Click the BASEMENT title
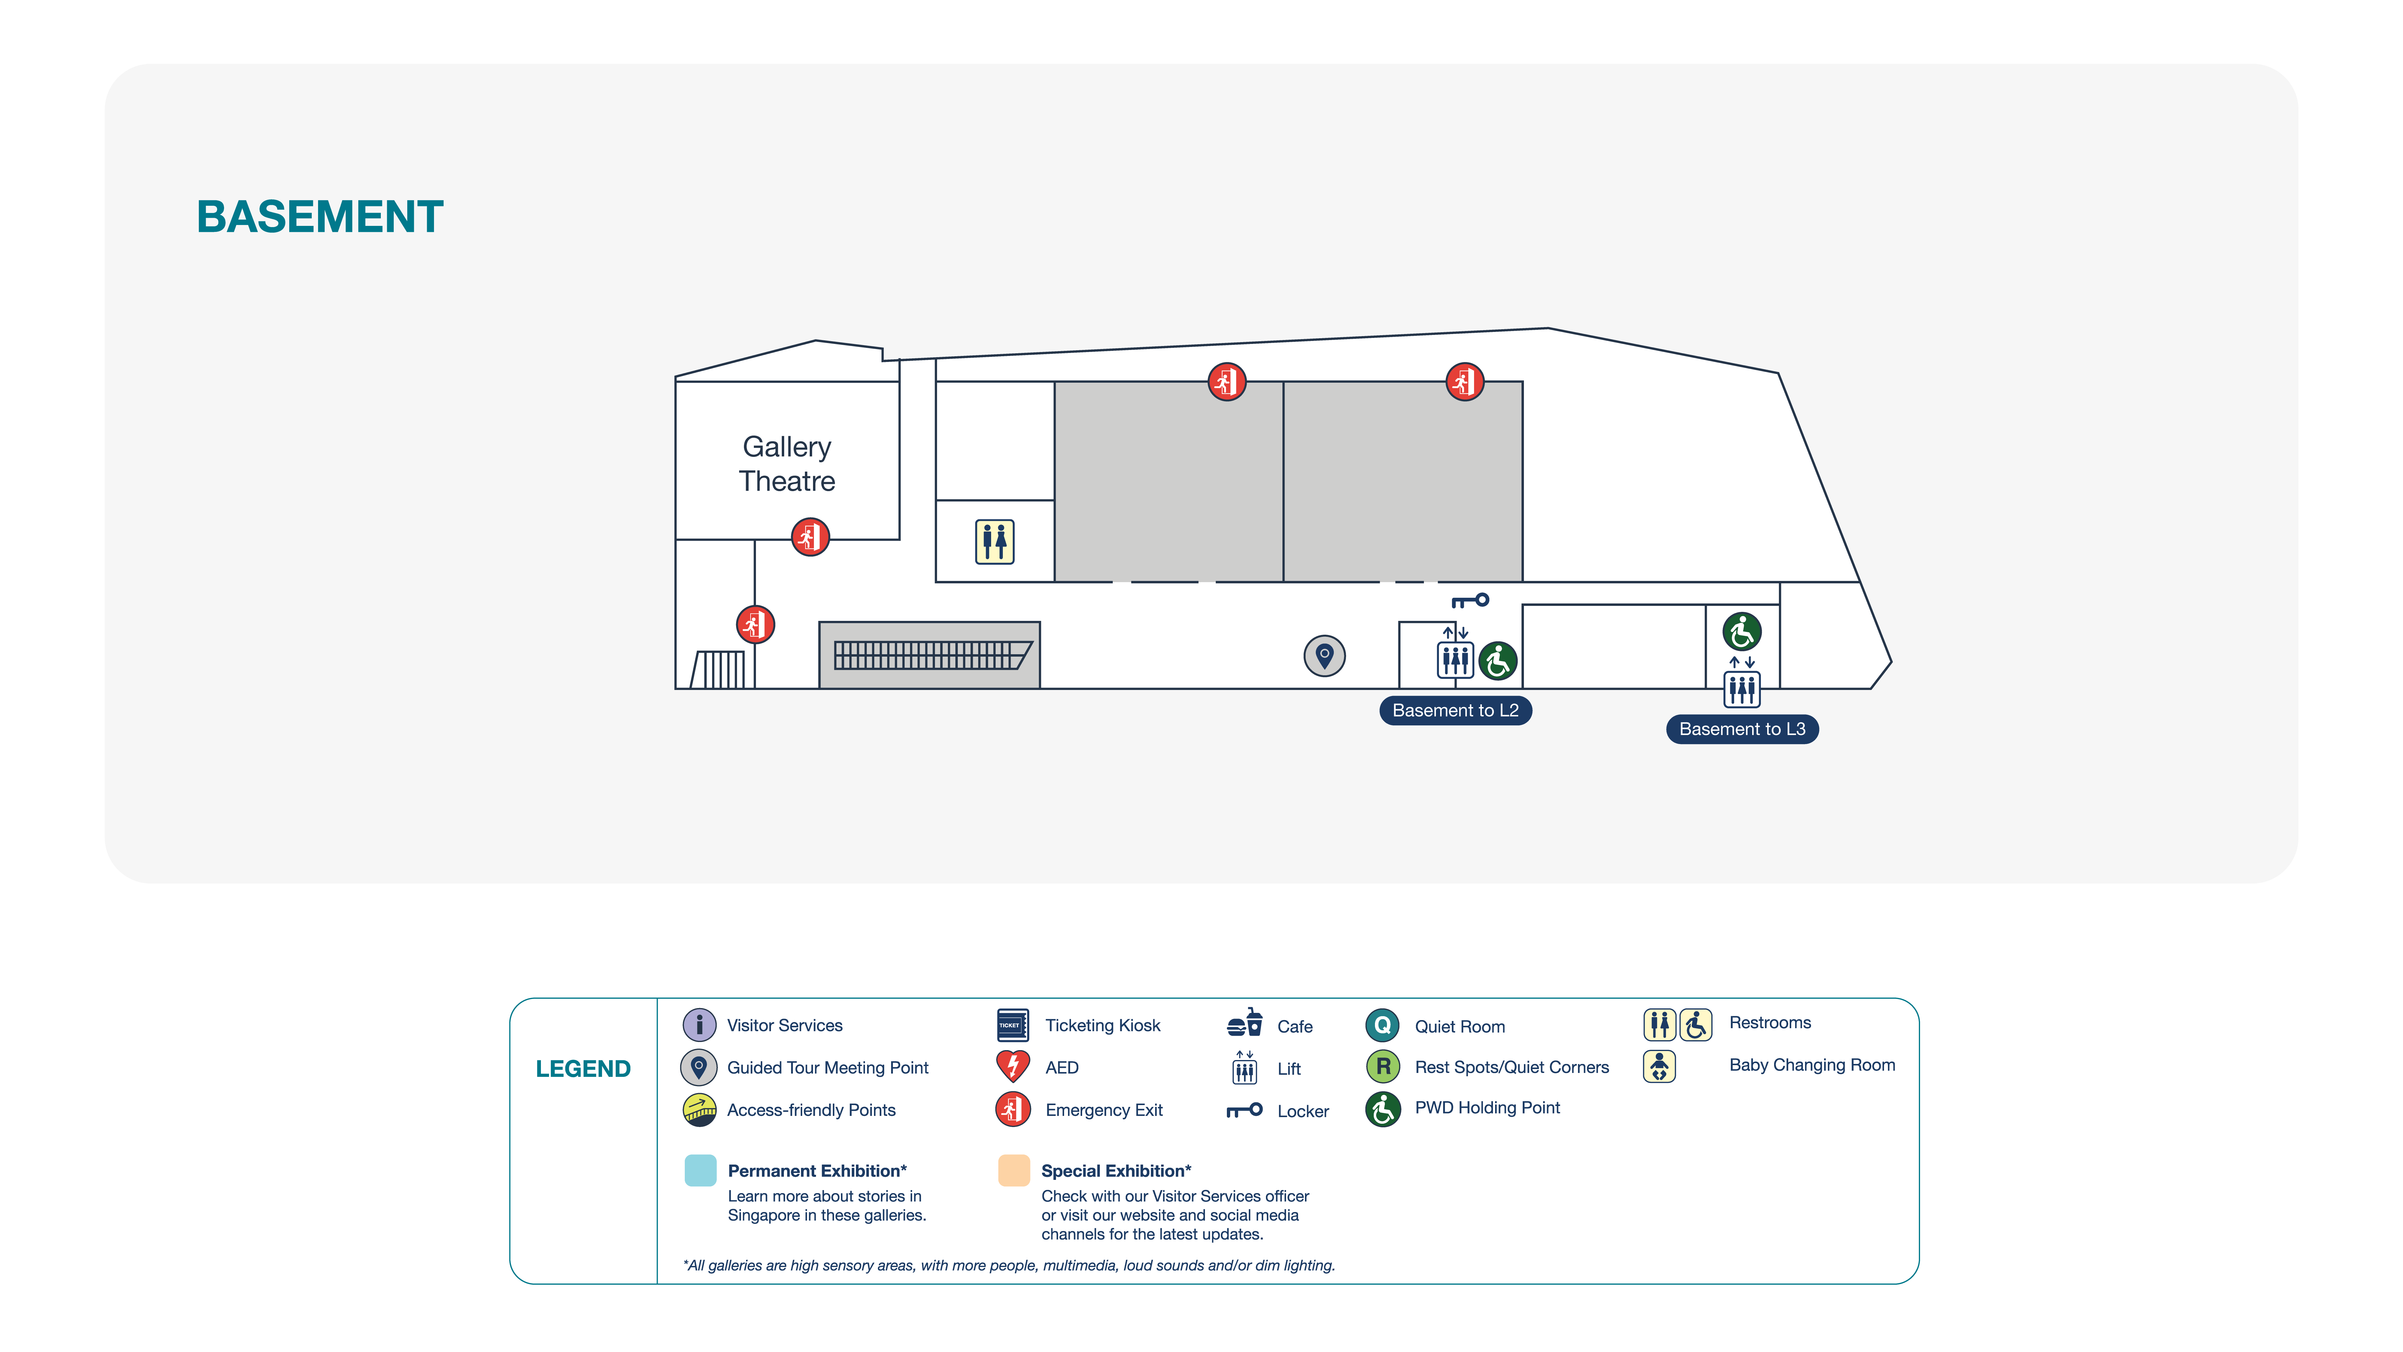tap(320, 217)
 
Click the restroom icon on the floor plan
tap(994, 542)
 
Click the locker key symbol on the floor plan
tap(1470, 601)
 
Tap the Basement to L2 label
tap(1455, 710)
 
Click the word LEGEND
tap(583, 1068)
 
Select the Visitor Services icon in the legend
tap(699, 1025)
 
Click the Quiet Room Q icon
tap(1382, 1025)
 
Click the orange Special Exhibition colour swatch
tap(1014, 1170)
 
